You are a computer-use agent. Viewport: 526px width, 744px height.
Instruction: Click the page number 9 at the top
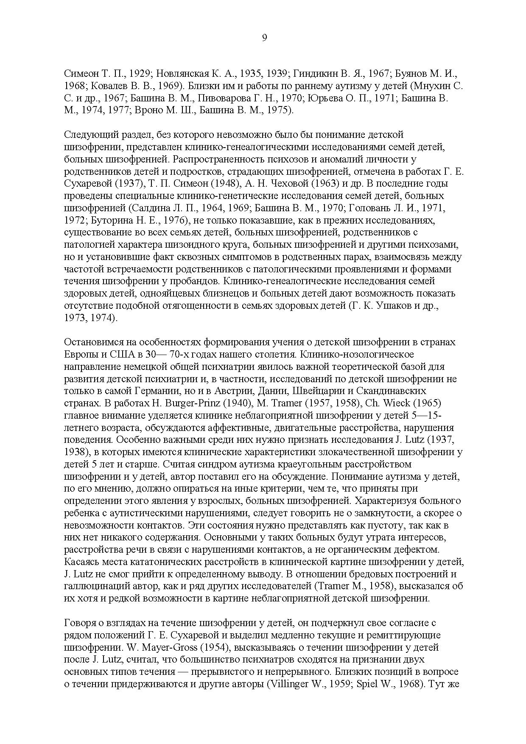click(x=264, y=38)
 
